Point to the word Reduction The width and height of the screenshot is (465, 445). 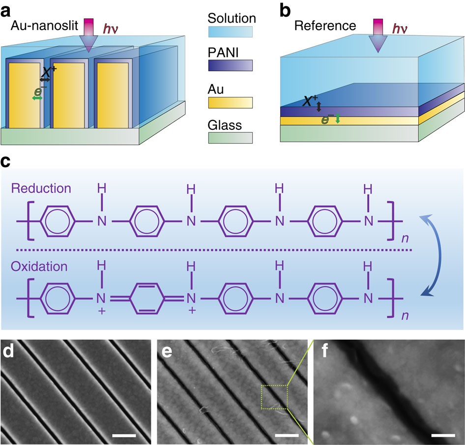(x=41, y=189)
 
